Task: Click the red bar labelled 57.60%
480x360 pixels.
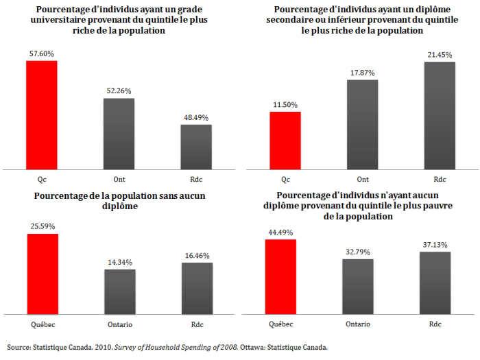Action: pos(41,115)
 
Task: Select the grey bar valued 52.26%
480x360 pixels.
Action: pos(119,133)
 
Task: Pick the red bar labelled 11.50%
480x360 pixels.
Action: pos(285,140)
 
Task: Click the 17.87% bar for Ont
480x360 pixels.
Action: pos(362,124)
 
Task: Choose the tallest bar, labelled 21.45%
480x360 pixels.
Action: pos(440,115)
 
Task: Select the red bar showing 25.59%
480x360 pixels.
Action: pos(41,274)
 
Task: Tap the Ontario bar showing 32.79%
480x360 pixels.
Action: pos(357,286)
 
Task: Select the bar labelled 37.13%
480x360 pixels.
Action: pos(435,283)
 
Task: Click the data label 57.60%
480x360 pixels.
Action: pos(41,53)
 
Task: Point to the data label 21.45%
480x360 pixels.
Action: pos(440,55)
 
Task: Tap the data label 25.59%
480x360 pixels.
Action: pos(41,226)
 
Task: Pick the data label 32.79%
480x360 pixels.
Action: pos(357,252)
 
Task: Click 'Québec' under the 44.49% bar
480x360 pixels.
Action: pos(280,324)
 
